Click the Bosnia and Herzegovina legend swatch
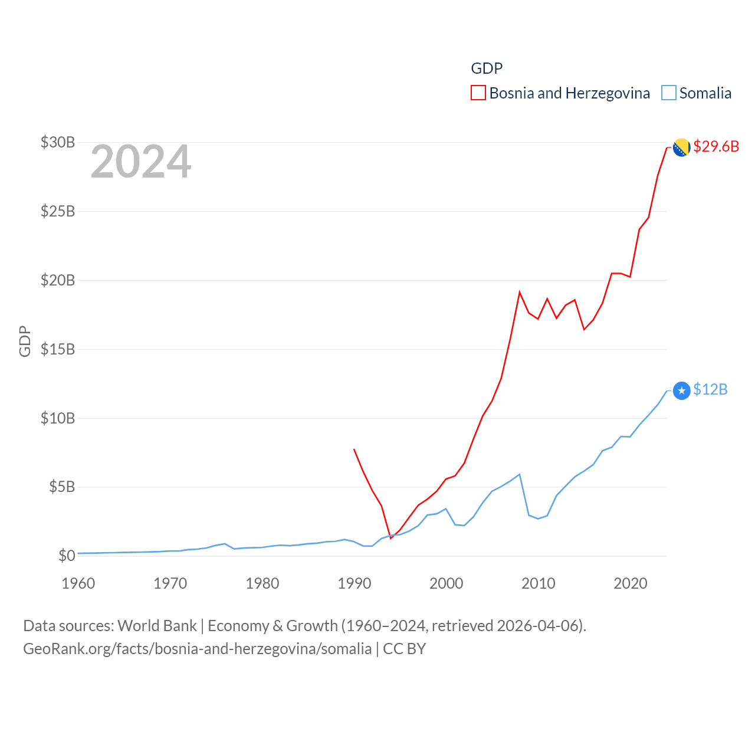478,93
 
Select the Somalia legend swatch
668,93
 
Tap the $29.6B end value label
716,146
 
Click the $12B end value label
710,389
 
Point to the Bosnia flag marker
681,147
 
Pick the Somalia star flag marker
681,390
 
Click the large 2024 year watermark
140,162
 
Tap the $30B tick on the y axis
58,142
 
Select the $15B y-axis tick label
58,349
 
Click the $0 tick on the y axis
67,556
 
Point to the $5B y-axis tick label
62,487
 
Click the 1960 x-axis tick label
78,583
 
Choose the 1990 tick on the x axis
354,583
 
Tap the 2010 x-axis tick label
539,583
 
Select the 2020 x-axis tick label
631,583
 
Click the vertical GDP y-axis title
25,341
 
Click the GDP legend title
487,68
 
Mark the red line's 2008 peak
520,292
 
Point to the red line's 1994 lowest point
390,539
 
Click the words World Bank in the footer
157,626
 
